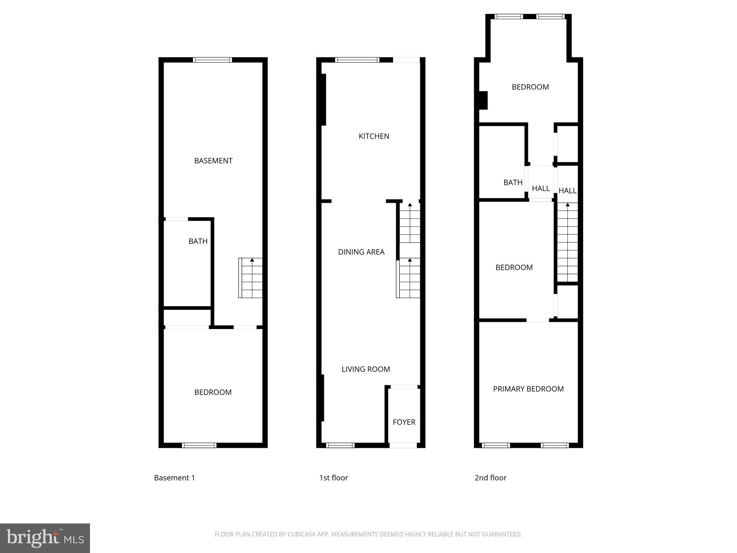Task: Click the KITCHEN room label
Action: click(374, 136)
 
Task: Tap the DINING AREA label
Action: click(361, 252)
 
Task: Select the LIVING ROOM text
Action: click(366, 369)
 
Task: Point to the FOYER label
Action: click(404, 422)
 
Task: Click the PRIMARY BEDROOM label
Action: click(528, 389)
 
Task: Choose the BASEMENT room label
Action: click(213, 161)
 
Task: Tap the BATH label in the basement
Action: click(198, 241)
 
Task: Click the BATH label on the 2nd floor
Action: click(512, 183)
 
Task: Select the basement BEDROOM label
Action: click(213, 392)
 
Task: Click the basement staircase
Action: click(250, 278)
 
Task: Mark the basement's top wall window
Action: click(212, 60)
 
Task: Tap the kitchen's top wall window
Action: click(357, 60)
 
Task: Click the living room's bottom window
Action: click(340, 445)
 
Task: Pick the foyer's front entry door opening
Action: click(403, 445)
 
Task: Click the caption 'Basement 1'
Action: click(174, 478)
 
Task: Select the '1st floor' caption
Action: click(333, 478)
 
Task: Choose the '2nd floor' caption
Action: click(490, 478)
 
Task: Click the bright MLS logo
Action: click(45, 538)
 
